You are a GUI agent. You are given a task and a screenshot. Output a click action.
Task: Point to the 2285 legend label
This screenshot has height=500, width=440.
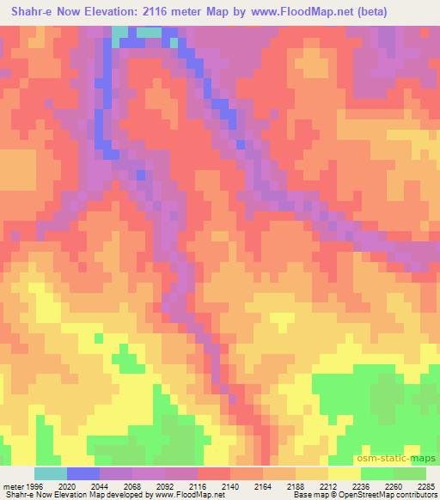pos(426,486)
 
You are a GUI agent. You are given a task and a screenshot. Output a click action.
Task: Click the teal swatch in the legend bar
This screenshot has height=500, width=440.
pos(50,473)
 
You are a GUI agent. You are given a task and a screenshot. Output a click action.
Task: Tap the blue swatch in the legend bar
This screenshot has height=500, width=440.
pos(83,473)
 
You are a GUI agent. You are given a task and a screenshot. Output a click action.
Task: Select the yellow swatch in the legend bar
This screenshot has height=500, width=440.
pos(344,473)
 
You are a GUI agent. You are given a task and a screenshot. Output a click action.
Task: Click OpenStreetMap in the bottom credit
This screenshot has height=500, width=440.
pos(370,496)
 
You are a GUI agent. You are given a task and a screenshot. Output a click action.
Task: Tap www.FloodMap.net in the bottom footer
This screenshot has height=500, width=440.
pos(189,496)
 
